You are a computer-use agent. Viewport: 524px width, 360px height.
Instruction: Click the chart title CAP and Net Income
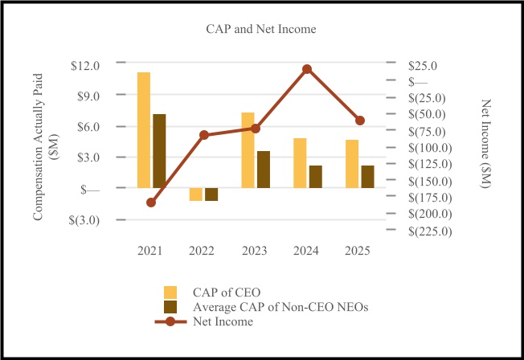[x=258, y=30]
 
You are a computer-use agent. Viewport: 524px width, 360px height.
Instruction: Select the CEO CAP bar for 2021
[x=144, y=130]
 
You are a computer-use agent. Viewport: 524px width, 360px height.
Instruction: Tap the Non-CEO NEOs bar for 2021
[x=159, y=151]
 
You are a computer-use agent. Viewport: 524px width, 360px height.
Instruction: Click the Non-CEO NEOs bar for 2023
[x=264, y=170]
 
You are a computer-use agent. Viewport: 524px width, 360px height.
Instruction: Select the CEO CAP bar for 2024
[x=300, y=163]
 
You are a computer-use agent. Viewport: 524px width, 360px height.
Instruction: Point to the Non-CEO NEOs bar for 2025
[x=367, y=177]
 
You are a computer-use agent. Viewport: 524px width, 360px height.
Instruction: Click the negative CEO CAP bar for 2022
[x=195, y=194]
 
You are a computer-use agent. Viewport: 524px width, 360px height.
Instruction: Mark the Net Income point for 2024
[x=307, y=69]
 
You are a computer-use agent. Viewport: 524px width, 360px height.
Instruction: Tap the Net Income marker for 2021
[x=151, y=202]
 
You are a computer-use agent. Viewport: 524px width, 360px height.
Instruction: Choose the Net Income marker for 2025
[x=360, y=121]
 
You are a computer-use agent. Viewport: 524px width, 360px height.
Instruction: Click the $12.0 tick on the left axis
[x=85, y=65]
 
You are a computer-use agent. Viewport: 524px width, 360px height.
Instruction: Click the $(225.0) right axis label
[x=432, y=231]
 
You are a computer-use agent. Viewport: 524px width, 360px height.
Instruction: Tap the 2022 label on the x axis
[x=203, y=251]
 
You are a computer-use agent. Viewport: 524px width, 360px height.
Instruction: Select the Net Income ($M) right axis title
[x=485, y=145]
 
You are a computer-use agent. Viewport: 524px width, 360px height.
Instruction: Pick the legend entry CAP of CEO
[x=227, y=291]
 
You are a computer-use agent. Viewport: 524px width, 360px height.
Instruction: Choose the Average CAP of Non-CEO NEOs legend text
[x=262, y=306]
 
